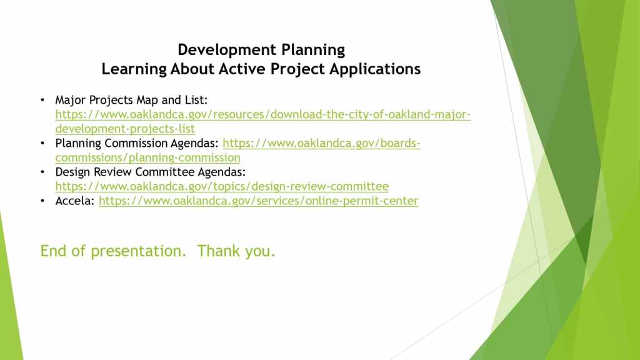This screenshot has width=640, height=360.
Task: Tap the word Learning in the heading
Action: click(134, 69)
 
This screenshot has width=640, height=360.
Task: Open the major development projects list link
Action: click(263, 122)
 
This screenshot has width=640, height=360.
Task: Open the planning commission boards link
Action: click(238, 150)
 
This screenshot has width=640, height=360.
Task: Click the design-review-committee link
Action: click(222, 186)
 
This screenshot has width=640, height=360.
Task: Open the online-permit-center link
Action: click(258, 201)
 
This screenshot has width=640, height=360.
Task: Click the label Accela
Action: click(75, 201)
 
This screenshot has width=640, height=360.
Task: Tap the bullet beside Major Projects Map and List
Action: click(42, 100)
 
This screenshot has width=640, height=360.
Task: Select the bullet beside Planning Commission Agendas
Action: click(42, 143)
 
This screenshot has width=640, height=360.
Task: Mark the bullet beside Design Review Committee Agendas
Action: click(42, 172)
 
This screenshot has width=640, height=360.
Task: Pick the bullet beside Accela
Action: click(42, 201)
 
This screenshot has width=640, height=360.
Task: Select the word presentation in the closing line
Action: click(138, 251)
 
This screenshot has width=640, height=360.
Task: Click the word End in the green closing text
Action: click(53, 251)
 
